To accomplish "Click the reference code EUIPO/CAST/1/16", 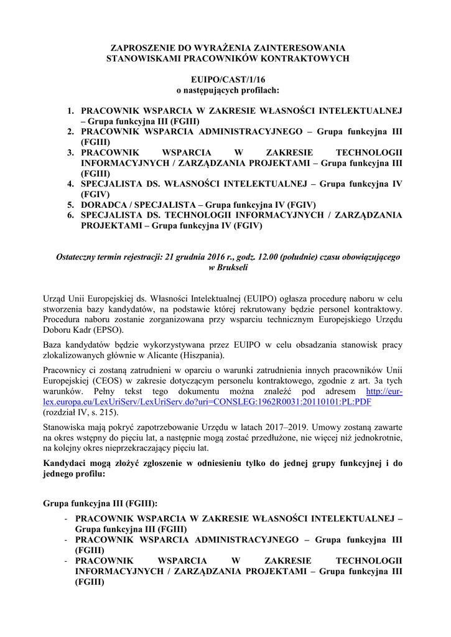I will point(225,80).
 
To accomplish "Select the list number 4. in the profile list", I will point(71,184).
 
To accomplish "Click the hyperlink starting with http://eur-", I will point(384,391).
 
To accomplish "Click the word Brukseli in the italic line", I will point(231,267).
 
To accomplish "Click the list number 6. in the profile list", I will point(71,215).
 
